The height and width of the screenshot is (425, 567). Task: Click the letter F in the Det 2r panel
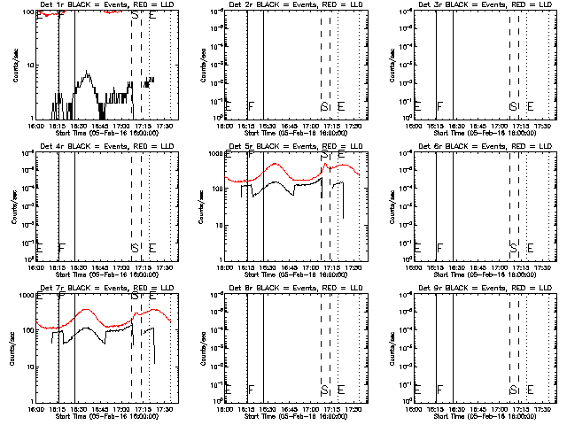click(x=252, y=106)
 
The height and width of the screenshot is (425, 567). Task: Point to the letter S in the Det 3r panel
click(x=512, y=106)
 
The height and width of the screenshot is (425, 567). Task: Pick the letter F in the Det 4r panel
click(x=61, y=247)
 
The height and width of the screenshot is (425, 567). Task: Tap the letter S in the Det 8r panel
click(x=324, y=390)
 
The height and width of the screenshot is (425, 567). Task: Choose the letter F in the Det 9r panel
click(x=439, y=390)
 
